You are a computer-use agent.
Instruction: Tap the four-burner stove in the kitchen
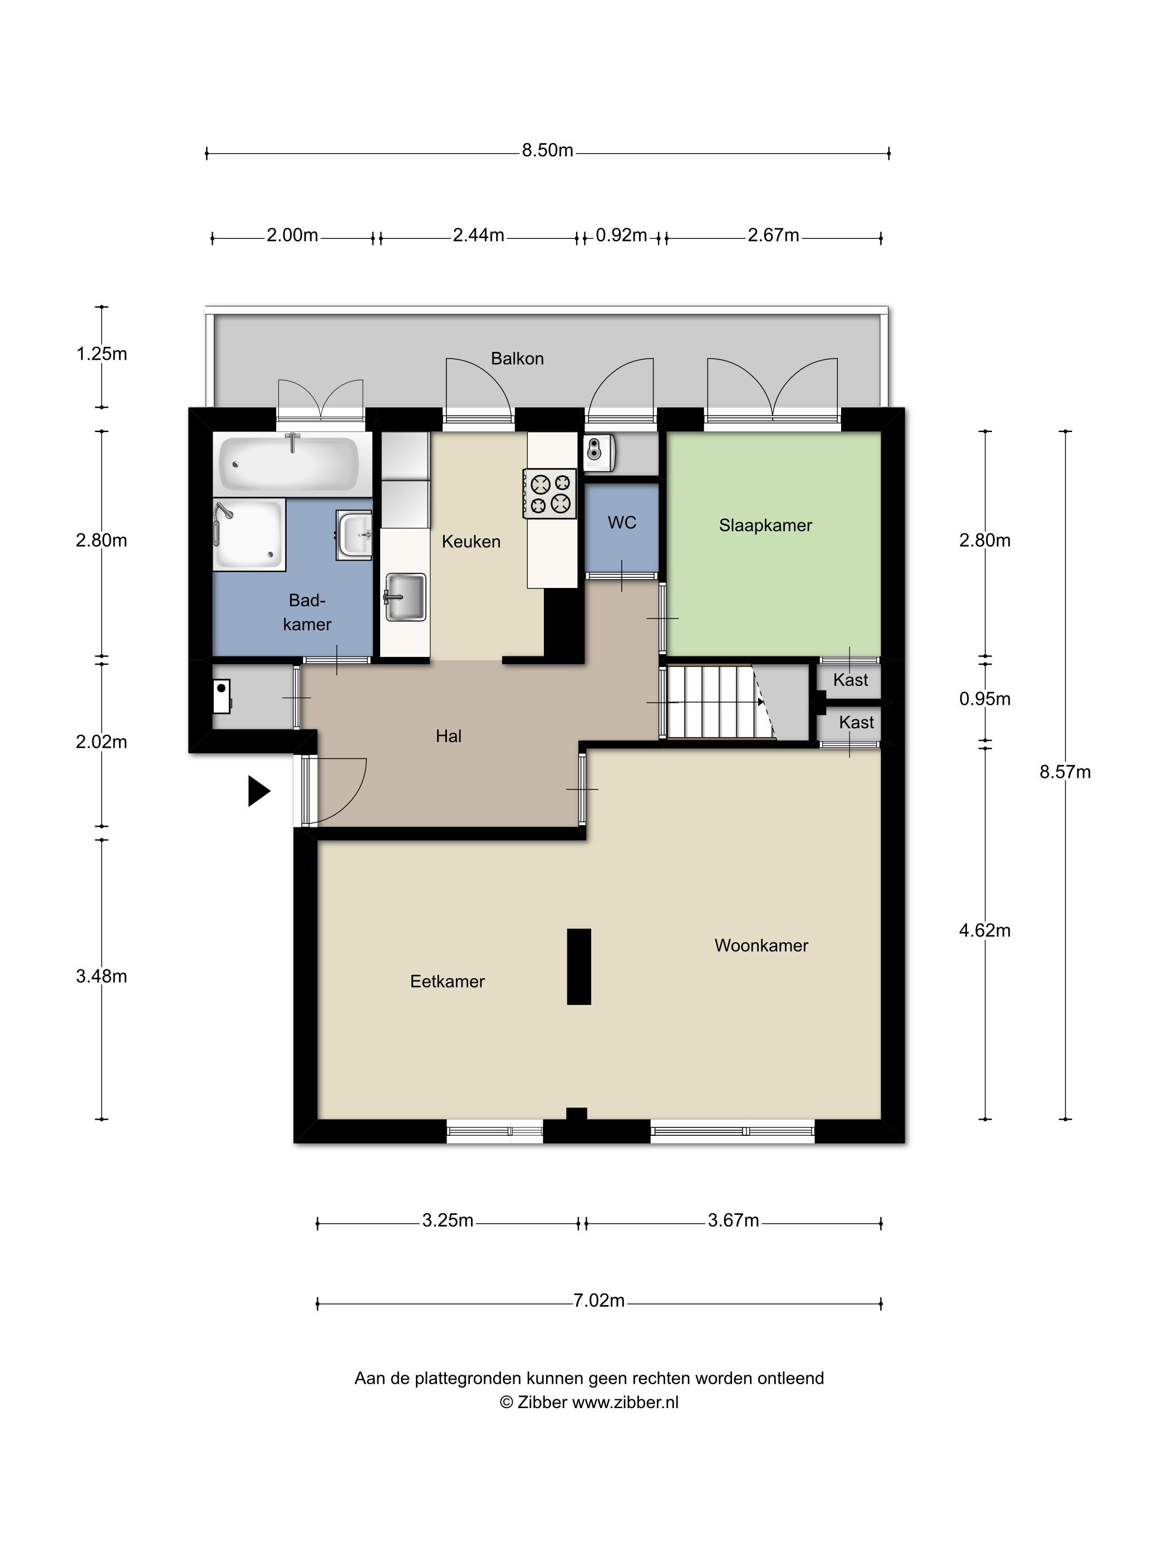coord(549,493)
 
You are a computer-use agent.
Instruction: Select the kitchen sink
coord(405,597)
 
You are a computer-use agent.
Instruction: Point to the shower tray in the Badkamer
coord(249,534)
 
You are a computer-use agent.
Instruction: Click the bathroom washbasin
coord(353,535)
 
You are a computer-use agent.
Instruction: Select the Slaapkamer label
coord(765,525)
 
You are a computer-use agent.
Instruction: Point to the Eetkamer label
coord(448,981)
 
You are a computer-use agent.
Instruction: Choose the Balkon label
coord(517,358)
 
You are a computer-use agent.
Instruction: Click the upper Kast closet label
coord(851,680)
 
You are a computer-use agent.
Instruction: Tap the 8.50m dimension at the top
coord(548,150)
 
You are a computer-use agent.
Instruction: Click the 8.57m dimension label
coord(1065,772)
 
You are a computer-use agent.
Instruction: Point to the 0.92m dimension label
coord(621,235)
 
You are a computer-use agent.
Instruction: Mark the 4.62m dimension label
coord(984,930)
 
